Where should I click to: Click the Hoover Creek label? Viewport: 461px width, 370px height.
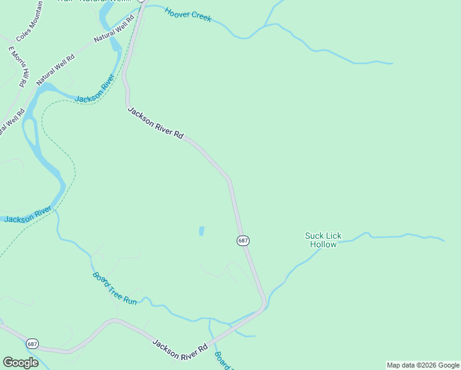(188, 14)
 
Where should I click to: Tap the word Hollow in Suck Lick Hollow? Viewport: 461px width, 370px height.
(323, 245)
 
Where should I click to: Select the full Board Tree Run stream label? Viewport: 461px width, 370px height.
(114, 287)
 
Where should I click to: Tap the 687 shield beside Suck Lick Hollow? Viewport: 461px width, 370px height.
(243, 240)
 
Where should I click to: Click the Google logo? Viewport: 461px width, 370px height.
(20, 363)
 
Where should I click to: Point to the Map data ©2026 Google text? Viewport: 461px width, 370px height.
(423, 365)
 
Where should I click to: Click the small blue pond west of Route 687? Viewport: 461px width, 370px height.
(201, 231)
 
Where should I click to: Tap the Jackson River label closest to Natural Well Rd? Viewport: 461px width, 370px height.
(94, 89)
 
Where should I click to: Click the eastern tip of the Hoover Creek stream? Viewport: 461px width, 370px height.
(392, 63)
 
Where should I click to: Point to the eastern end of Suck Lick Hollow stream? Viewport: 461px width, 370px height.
(443, 240)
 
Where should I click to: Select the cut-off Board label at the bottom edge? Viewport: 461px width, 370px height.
(221, 360)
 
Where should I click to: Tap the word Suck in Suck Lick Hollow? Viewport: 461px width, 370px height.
(314, 236)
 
